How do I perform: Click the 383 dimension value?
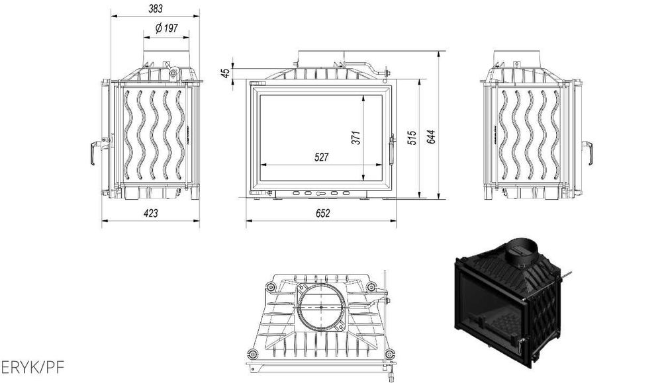tap(156, 8)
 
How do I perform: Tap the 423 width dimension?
tap(151, 213)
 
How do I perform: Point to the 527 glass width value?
tap(321, 157)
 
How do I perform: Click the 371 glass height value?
tap(355, 138)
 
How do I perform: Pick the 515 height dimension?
tap(412, 138)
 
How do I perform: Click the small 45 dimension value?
tap(226, 73)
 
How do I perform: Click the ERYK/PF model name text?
tap(33, 366)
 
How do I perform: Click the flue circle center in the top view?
tap(320, 308)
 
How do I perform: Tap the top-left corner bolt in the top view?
tap(269, 286)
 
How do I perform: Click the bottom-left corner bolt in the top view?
tap(252, 352)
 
